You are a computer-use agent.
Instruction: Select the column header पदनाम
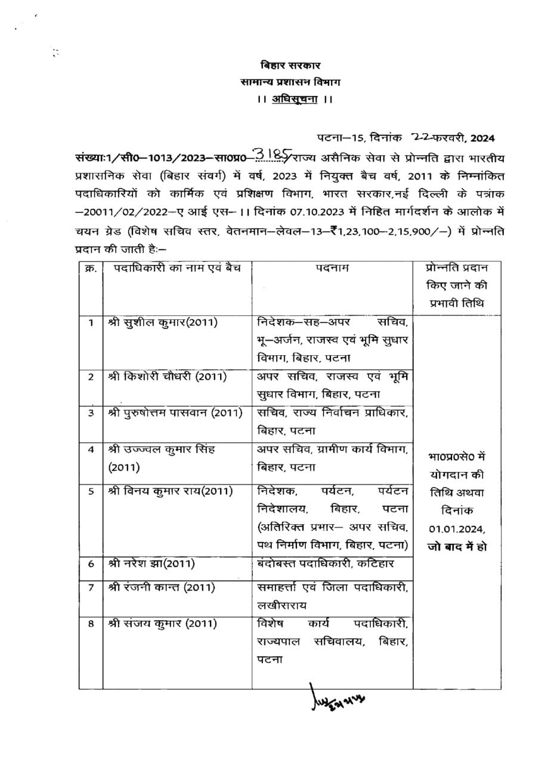pyautogui.click(x=332, y=269)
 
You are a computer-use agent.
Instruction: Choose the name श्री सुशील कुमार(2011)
pyautogui.click(x=163, y=322)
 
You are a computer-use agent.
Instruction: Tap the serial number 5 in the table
pyautogui.click(x=91, y=491)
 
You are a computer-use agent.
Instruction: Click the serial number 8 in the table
pyautogui.click(x=91, y=624)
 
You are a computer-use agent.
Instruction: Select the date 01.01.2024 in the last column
pyautogui.click(x=457, y=528)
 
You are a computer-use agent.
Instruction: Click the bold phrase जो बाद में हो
pyautogui.click(x=457, y=546)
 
